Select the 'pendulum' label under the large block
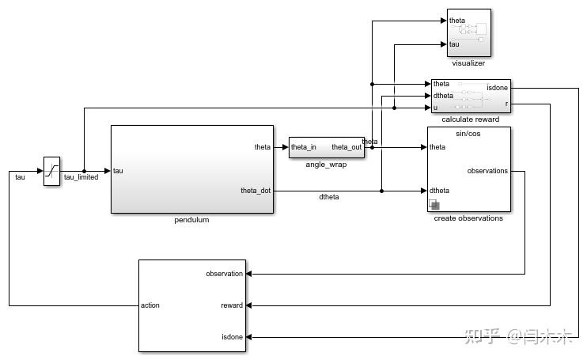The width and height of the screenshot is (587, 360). point(191,220)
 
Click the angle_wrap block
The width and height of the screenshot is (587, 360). point(326,147)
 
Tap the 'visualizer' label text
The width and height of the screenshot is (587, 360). point(468,63)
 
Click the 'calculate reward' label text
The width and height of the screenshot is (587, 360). point(470,119)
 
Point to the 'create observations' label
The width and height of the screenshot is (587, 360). point(468,218)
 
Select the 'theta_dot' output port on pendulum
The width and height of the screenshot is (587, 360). point(256,191)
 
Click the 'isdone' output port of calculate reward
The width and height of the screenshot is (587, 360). point(497,88)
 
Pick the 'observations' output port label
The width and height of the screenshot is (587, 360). point(487,171)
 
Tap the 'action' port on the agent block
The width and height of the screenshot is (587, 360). point(150,305)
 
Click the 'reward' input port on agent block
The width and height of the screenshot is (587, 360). point(232,305)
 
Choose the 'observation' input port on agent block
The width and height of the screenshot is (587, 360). point(225,274)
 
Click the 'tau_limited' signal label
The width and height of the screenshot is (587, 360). point(81,177)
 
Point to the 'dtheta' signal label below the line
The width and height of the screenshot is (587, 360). point(329,197)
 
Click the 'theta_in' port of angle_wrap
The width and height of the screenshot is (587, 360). point(304,147)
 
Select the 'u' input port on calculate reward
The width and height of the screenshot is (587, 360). point(435,107)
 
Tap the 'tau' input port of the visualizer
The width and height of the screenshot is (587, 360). point(454,44)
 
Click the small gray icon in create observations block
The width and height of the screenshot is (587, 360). point(434,205)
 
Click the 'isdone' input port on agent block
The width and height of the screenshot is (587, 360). point(232,336)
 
